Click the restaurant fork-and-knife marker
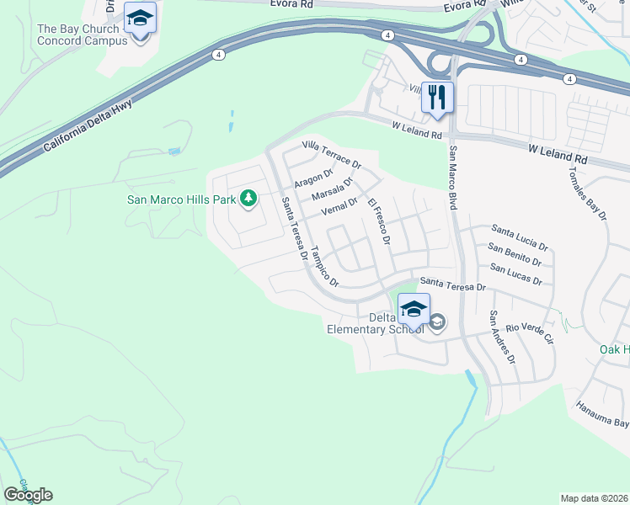click(437, 97)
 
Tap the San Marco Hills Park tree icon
click(248, 199)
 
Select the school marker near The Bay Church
click(140, 19)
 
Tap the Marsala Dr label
click(331, 190)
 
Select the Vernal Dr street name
click(339, 206)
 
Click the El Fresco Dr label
click(378, 221)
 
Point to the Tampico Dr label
click(324, 267)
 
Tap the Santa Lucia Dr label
click(520, 238)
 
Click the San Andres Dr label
click(504, 338)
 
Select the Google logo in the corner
click(28, 495)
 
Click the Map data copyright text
click(593, 498)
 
